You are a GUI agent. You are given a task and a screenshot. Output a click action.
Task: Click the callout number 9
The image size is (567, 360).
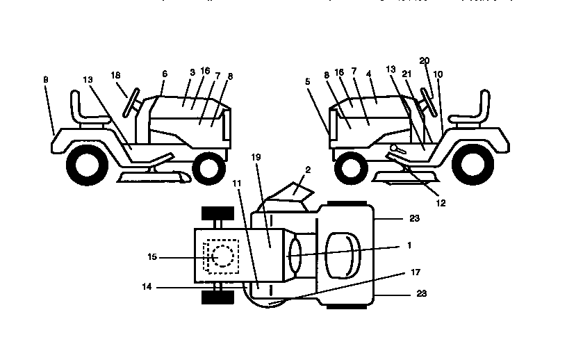point(46,80)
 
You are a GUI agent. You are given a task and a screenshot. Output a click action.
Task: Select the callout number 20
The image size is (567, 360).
point(425,61)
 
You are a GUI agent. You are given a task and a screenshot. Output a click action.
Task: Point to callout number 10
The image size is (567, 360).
point(437,74)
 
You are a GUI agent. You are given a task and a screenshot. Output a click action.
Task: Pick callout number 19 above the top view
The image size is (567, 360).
point(256,158)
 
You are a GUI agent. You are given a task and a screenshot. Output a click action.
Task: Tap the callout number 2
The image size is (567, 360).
point(308,169)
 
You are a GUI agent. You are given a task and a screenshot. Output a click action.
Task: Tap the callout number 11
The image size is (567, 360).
point(237,183)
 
